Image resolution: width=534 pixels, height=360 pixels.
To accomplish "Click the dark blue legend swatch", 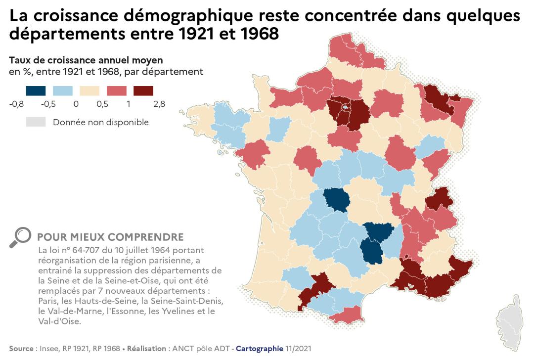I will click(36, 90).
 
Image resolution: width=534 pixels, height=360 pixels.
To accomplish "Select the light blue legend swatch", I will click(62, 90).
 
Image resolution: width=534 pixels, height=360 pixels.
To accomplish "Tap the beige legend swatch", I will click(89, 90).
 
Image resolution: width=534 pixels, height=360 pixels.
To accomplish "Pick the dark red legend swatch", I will click(143, 90).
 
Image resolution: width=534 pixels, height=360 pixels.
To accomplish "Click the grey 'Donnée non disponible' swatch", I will click(36, 122).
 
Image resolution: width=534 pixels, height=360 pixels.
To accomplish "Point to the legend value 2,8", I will click(159, 104).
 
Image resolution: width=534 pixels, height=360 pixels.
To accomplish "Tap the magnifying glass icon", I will click(20, 237).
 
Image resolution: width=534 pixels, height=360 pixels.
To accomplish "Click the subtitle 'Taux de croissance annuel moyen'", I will click(86, 60).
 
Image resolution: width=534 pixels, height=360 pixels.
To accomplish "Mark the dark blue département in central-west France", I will click(335, 199).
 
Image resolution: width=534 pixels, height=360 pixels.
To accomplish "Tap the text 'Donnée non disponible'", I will click(101, 122).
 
